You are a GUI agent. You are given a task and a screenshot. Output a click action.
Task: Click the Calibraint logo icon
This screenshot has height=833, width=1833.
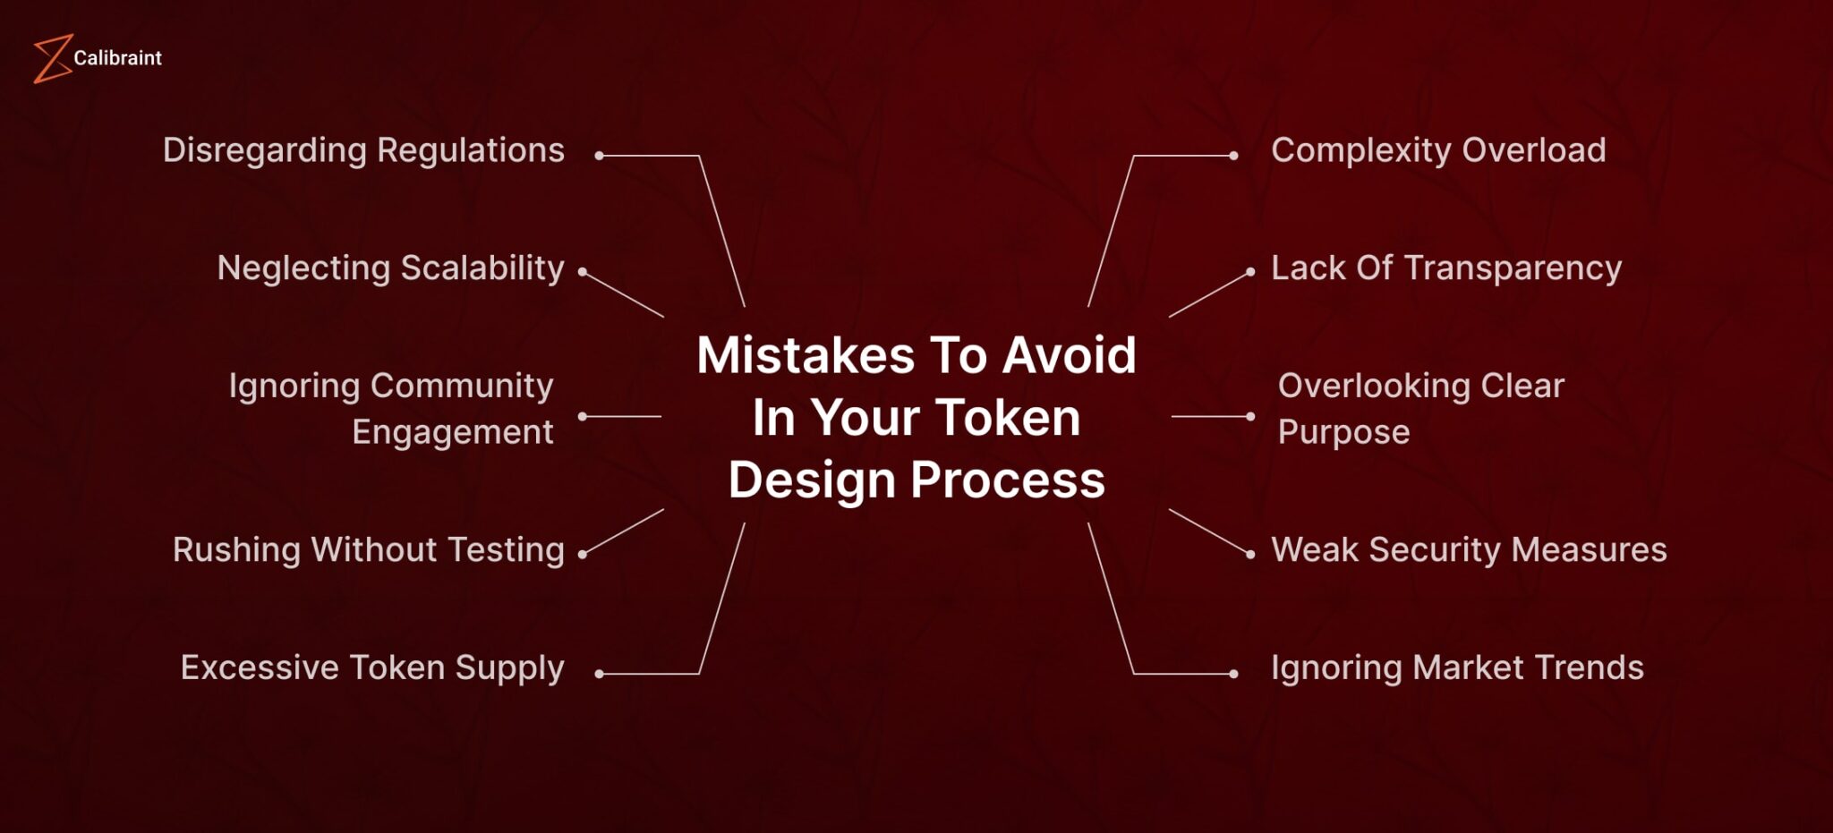click(x=52, y=59)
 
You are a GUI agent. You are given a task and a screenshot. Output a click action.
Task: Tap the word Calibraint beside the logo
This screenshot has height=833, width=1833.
click(x=117, y=58)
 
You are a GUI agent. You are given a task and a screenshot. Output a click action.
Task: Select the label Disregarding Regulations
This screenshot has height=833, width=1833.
click(x=363, y=150)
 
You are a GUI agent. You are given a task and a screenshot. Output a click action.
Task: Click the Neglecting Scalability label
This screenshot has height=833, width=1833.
click(x=390, y=268)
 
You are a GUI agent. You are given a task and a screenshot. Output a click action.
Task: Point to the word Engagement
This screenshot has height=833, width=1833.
click(x=452, y=432)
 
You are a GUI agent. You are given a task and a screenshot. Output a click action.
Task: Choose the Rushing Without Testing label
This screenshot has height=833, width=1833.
click(x=368, y=550)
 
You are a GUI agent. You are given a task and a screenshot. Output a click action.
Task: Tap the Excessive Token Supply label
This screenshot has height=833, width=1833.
click(x=372, y=668)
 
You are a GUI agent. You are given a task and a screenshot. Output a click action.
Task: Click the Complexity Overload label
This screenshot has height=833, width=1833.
click(x=1438, y=150)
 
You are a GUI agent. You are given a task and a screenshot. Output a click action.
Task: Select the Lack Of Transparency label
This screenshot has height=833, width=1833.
click(x=1445, y=268)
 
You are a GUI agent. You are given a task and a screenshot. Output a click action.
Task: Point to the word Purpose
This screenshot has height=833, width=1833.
click(x=1343, y=432)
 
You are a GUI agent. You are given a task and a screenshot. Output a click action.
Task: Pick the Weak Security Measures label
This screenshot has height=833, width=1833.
click(x=1469, y=550)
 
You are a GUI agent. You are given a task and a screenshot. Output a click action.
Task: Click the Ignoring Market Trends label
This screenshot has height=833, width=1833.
click(x=1457, y=668)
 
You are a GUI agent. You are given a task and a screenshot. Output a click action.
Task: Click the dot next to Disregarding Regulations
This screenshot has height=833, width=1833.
click(x=600, y=156)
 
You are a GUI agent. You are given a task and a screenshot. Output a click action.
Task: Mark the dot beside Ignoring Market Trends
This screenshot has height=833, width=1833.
click(x=1233, y=674)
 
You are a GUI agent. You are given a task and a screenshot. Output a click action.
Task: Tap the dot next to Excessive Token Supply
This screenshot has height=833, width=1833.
click(x=600, y=674)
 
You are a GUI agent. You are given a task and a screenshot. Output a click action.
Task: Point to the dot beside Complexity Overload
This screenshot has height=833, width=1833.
click(x=1233, y=156)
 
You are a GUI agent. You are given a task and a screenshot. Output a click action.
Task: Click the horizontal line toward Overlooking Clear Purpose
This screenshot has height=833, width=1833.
click(x=1208, y=416)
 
